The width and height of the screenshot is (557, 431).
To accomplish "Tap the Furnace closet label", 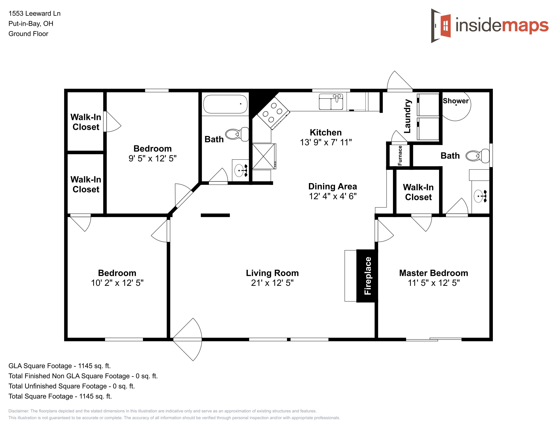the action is (400, 155).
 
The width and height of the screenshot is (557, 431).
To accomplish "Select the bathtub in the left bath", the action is (226, 104).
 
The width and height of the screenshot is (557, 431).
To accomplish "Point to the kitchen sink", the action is (331, 102).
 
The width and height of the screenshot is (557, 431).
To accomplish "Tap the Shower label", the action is (456, 101).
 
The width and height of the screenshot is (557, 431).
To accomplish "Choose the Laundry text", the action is (407, 116).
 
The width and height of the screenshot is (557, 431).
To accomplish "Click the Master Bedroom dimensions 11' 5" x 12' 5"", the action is (434, 283).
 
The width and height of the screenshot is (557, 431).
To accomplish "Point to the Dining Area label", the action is (333, 186).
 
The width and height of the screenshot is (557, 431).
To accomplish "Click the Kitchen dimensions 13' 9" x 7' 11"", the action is (326, 142).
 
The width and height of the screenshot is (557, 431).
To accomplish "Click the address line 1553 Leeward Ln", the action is (34, 14).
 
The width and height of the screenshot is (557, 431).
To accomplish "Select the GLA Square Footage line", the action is (59, 366).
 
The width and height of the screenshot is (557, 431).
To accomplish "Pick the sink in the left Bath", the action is (240, 170).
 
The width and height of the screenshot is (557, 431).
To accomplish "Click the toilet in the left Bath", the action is (237, 134).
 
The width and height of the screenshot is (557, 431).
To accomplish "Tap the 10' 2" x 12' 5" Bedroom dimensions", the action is (117, 283).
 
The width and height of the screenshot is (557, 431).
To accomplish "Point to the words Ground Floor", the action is (28, 34).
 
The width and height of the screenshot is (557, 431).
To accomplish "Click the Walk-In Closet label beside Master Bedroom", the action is (418, 192).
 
